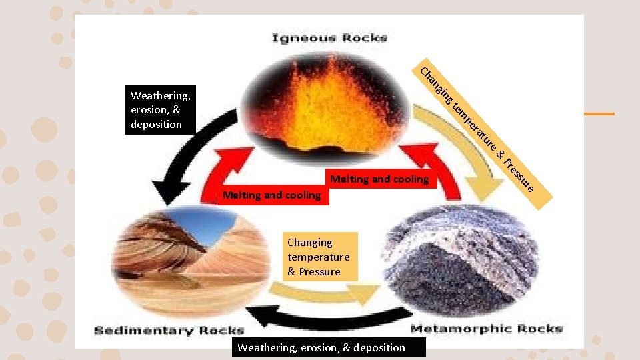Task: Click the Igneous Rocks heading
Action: point(329,38)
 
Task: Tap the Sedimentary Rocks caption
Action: point(169,330)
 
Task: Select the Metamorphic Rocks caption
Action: point(487,329)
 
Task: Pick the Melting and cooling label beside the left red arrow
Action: point(271,195)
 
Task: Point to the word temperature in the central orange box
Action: point(319,257)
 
